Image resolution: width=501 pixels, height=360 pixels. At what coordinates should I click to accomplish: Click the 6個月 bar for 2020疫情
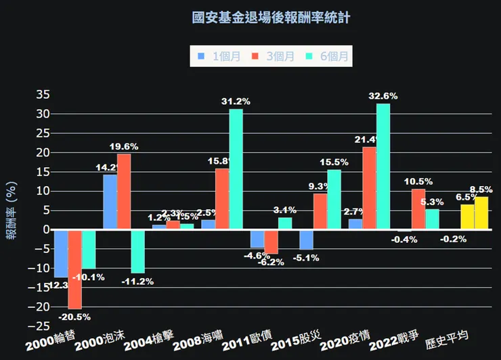(383, 166)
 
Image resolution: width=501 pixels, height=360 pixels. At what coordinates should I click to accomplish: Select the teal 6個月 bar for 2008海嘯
(236, 169)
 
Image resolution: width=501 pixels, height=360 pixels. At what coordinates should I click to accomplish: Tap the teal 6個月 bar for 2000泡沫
(137, 251)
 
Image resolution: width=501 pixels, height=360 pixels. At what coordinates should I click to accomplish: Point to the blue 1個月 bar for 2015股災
(307, 240)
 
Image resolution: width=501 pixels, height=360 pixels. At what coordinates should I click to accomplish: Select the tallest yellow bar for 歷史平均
(481, 213)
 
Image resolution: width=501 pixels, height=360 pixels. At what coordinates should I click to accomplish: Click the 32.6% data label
(383, 96)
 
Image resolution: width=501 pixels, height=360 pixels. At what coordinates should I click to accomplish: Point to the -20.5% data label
(74, 316)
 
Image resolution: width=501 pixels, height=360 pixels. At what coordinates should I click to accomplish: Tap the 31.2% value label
(236, 102)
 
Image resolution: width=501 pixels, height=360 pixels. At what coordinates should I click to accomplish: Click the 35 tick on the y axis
(42, 94)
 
